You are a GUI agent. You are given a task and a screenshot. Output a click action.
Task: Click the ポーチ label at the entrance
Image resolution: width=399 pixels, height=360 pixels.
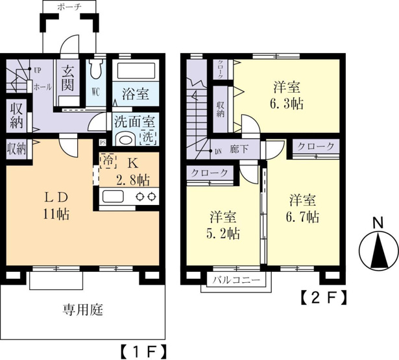[69, 7]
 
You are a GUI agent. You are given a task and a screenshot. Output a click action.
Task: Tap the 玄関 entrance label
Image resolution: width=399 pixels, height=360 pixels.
[67, 78]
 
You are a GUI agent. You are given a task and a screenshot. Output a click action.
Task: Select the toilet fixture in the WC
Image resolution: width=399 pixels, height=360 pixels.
[95, 69]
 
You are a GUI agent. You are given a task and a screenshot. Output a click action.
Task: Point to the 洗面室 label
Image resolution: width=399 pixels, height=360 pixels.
[134, 121]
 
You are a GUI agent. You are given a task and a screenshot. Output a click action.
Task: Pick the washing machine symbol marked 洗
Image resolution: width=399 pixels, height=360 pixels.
[148, 138]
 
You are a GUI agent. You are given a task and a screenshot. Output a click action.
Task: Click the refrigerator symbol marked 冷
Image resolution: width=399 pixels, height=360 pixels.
[108, 160]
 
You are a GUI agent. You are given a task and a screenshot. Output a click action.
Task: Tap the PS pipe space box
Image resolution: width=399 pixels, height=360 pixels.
[103, 142]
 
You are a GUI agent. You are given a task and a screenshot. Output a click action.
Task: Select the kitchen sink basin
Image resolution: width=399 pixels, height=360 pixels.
[114, 197]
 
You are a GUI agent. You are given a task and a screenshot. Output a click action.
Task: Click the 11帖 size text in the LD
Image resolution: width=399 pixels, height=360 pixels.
[56, 214]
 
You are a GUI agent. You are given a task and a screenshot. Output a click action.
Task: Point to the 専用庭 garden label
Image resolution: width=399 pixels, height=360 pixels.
[83, 310]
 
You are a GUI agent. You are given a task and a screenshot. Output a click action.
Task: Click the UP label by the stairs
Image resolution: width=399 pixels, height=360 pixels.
[38, 71]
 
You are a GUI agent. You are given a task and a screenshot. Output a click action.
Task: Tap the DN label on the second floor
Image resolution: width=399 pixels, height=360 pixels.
[219, 152]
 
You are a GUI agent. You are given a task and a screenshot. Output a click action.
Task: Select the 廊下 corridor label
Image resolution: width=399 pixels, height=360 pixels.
[239, 149]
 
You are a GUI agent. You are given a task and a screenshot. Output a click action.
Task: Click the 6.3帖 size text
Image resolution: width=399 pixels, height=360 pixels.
[287, 104]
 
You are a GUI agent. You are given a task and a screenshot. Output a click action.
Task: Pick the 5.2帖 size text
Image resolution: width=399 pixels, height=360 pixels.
[223, 234]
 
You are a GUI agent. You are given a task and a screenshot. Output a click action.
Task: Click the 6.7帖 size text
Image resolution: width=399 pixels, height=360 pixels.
[302, 217]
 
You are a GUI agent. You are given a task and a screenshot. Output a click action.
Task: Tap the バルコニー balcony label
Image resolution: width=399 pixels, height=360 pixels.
[236, 280]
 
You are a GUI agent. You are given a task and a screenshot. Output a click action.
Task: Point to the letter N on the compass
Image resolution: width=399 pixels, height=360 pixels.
[378, 223]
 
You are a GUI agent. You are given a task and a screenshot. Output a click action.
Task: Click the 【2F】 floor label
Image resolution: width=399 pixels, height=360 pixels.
[324, 298]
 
